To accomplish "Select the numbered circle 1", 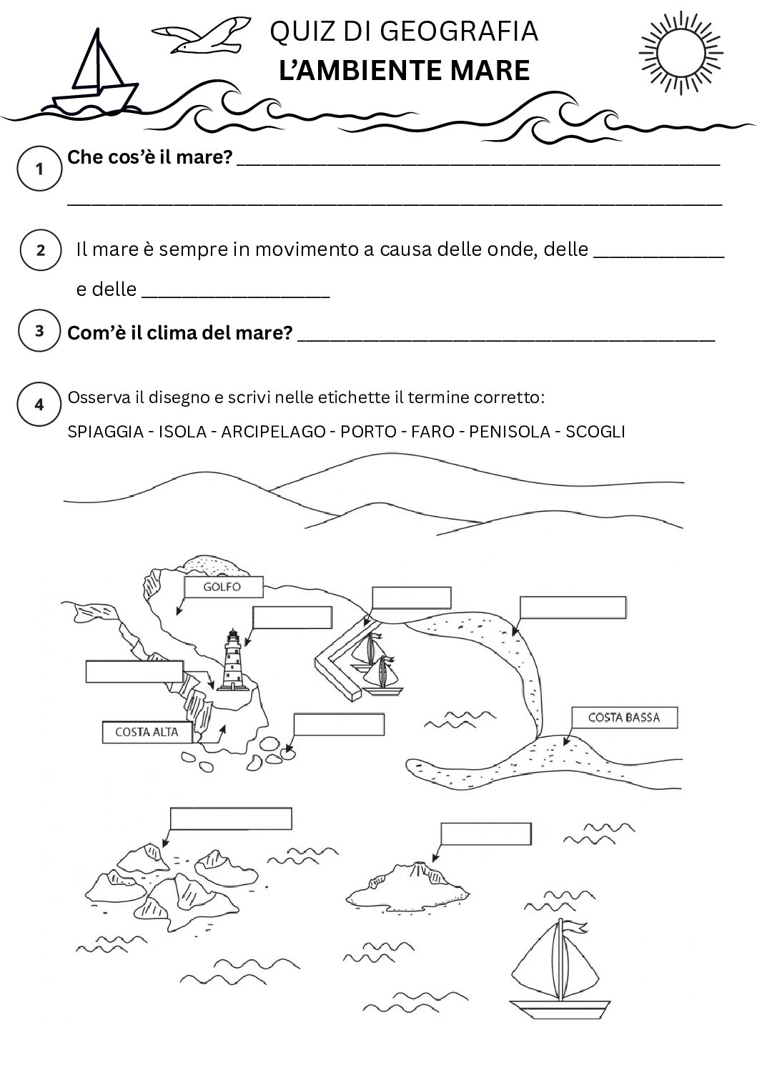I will [40, 169].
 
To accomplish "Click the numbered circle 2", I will [41, 249].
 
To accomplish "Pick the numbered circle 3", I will [40, 331].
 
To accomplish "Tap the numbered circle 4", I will [39, 404].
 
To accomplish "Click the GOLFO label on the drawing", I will [223, 588].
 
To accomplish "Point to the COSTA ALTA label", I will [147, 732].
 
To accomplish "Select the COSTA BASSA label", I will [623, 717].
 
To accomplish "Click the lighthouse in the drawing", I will [232, 660].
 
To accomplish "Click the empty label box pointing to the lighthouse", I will [292, 618].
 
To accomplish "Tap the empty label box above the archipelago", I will [231, 818].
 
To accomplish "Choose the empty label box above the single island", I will [485, 834].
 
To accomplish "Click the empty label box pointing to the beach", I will [573, 608].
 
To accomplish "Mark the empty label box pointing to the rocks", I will [338, 725].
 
